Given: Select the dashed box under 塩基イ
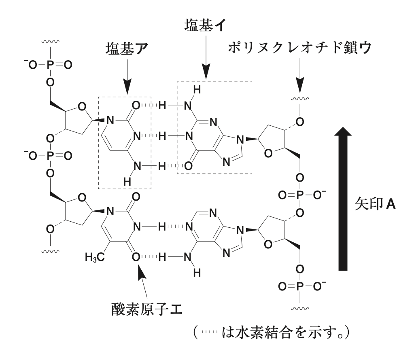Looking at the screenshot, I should [x=214, y=127].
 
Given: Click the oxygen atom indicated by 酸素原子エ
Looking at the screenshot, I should [x=136, y=256].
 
